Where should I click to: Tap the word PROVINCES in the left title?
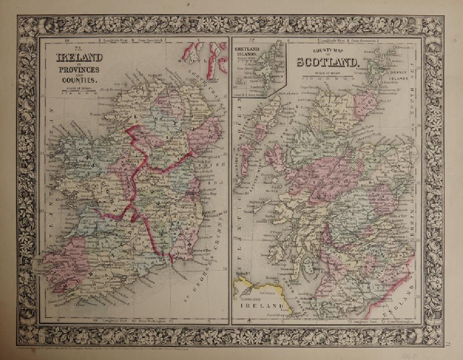coord(80,69)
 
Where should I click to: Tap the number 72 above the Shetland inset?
coord(252,41)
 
